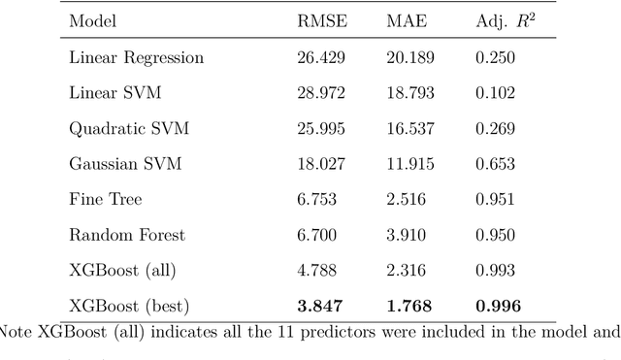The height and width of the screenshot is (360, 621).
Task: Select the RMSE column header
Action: click(320, 22)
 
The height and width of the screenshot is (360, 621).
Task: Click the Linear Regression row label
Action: click(137, 57)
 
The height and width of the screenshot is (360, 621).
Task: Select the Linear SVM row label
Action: click(114, 93)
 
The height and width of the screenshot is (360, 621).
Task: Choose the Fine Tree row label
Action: click(105, 200)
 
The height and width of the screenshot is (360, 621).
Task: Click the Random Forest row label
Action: click(126, 235)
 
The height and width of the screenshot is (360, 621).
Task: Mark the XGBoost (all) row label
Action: click(121, 271)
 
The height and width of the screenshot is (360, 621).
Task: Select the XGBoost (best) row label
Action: click(127, 307)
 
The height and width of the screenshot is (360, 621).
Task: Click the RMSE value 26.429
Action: click(320, 57)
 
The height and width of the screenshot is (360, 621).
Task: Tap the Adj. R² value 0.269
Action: click(496, 129)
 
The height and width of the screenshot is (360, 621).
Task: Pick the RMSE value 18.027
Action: click(320, 164)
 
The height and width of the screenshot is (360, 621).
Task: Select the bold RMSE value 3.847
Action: click(318, 307)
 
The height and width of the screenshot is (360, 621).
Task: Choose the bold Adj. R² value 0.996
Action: click(498, 307)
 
